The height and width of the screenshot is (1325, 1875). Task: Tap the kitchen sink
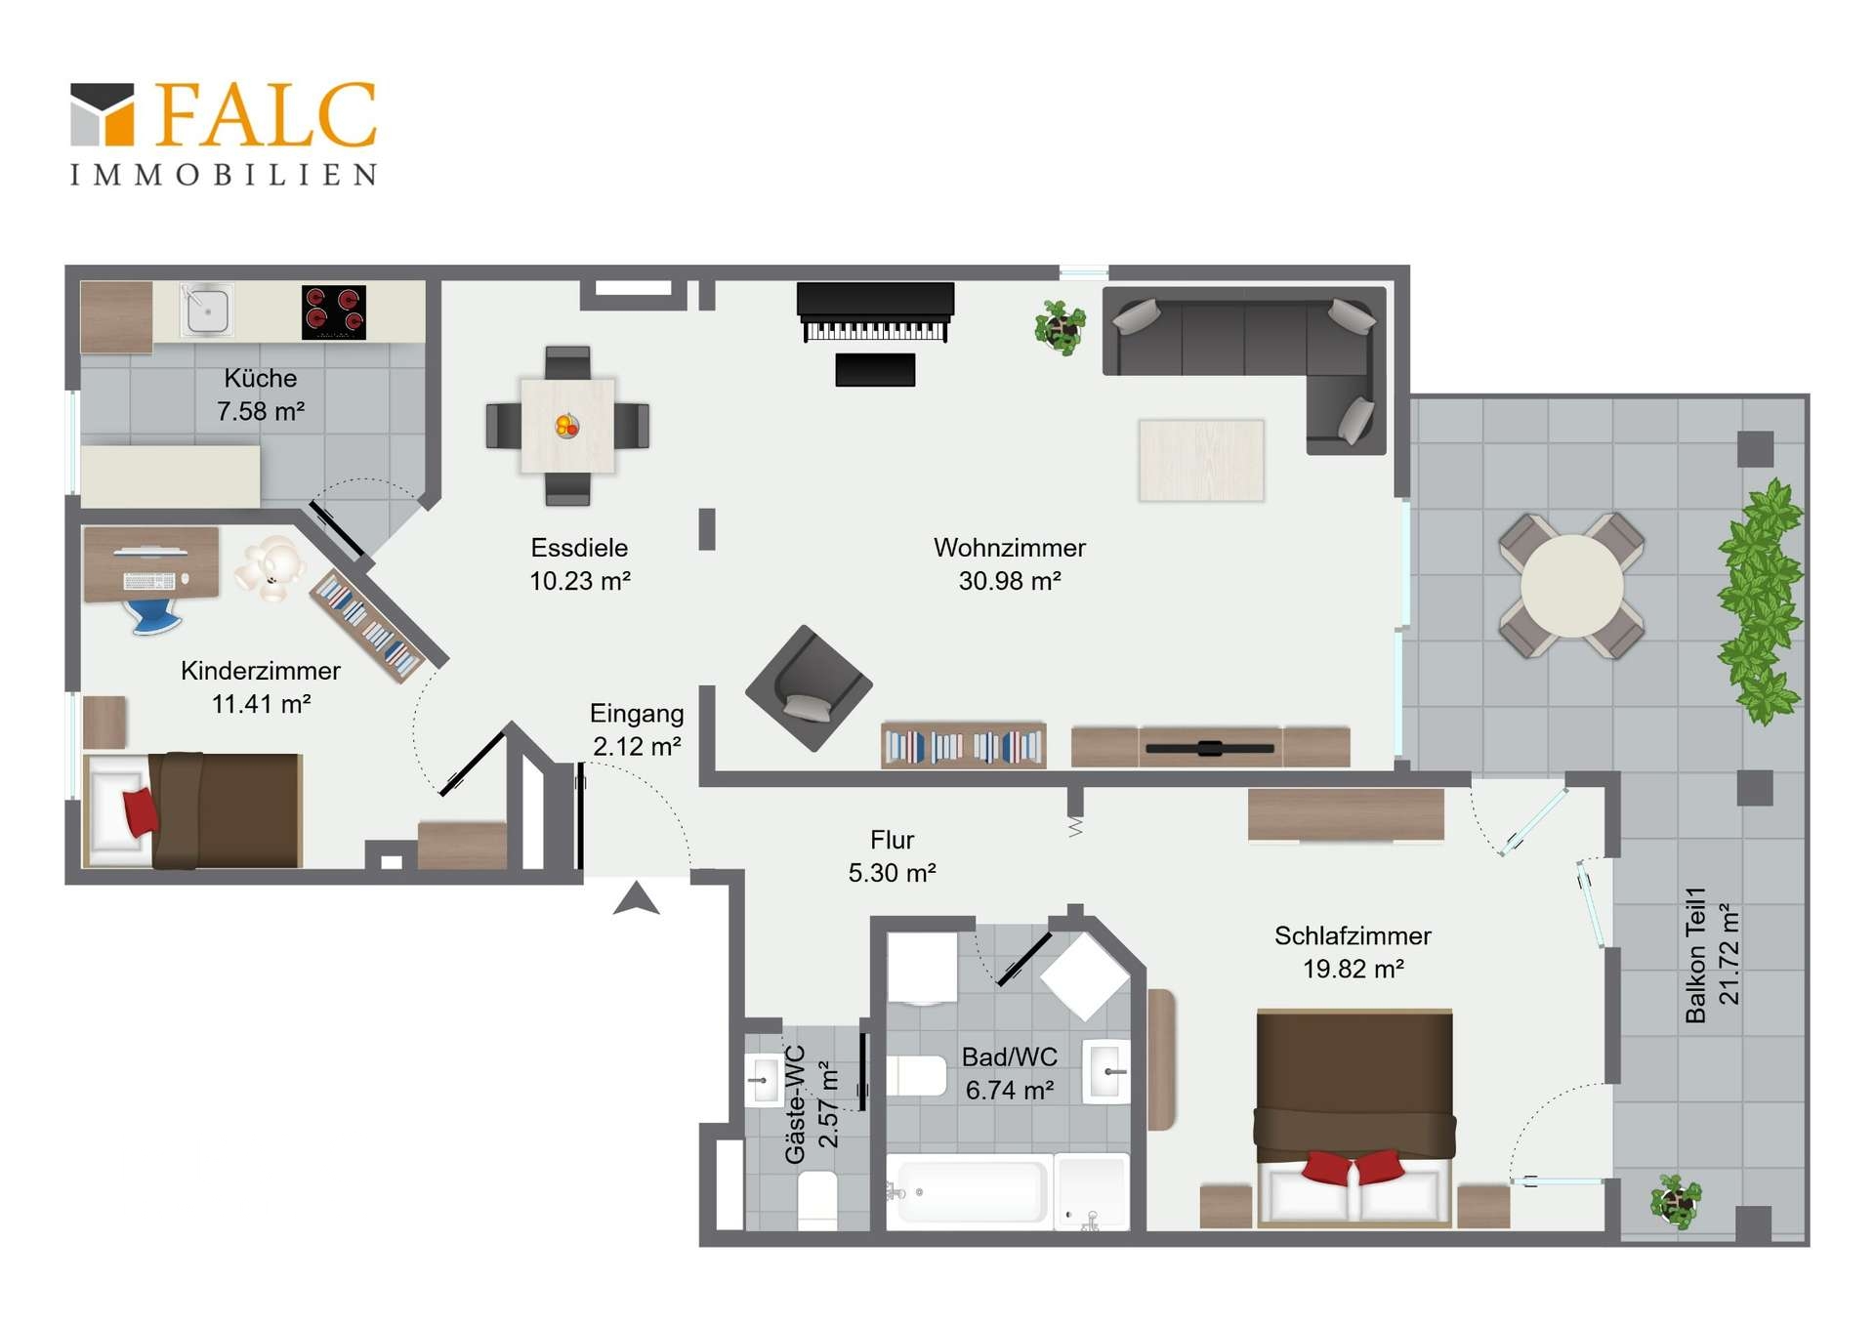207,311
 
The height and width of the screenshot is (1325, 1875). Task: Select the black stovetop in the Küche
333,312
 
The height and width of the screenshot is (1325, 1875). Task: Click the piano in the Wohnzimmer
875,313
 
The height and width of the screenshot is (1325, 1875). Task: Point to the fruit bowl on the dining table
566,426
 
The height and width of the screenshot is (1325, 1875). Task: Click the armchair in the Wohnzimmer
809,688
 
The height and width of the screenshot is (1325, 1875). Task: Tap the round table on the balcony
1571,586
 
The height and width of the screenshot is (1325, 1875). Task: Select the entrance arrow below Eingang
637,898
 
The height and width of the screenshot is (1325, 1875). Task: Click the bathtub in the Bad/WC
968,1190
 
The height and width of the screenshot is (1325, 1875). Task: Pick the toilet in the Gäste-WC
817,1198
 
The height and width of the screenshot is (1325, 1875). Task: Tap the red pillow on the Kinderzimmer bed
140,811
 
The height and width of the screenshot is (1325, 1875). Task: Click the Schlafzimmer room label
1353,935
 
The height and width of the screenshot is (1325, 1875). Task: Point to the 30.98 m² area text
1010,581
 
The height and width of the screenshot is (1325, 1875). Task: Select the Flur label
892,840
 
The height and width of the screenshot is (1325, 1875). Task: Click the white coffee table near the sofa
1201,460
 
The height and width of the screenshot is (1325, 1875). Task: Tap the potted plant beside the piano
1060,327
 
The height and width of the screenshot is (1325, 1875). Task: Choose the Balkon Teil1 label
1696,955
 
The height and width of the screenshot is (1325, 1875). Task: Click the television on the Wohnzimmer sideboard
1210,749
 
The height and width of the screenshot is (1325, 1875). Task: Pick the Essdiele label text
579,548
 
